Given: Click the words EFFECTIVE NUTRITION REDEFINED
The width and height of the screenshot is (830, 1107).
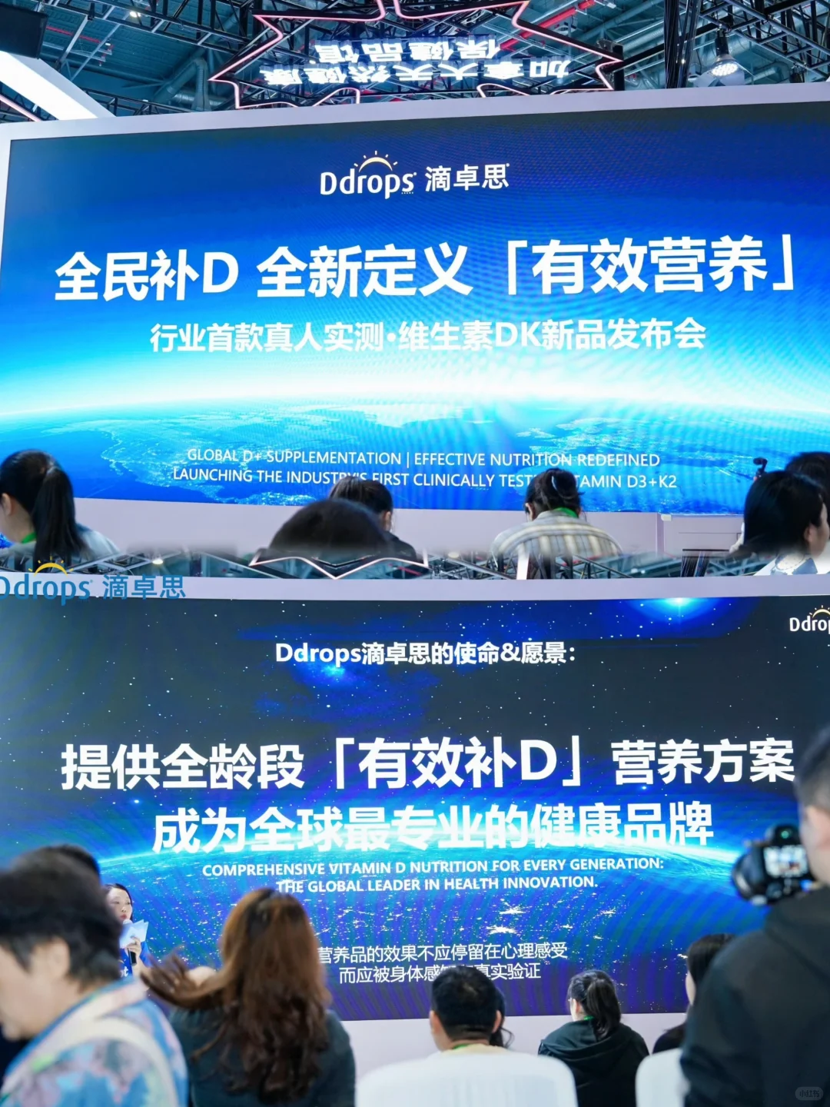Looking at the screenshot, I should coord(536,460).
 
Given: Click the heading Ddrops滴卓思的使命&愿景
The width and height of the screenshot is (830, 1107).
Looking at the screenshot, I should coord(425,653).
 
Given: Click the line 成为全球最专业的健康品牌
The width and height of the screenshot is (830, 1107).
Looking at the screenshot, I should coord(433,828).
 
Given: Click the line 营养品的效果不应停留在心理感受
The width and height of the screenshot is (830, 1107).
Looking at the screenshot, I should coord(443,952).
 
